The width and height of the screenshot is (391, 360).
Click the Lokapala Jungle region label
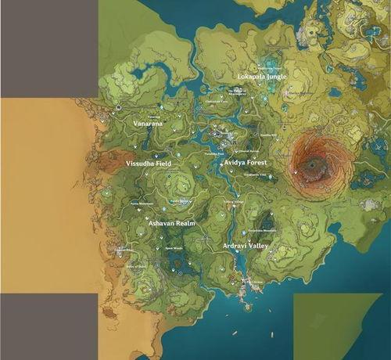click(262, 77)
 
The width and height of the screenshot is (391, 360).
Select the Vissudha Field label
click(149, 164)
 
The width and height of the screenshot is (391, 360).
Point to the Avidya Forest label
click(246, 162)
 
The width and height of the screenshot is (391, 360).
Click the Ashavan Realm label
click(171, 223)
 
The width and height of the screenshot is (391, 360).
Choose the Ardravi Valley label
click(246, 246)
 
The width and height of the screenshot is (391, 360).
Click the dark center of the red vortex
click(314, 164)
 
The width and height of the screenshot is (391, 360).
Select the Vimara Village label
click(234, 201)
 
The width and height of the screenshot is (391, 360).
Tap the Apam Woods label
click(173, 249)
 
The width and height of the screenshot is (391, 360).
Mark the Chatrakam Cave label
click(216, 101)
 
